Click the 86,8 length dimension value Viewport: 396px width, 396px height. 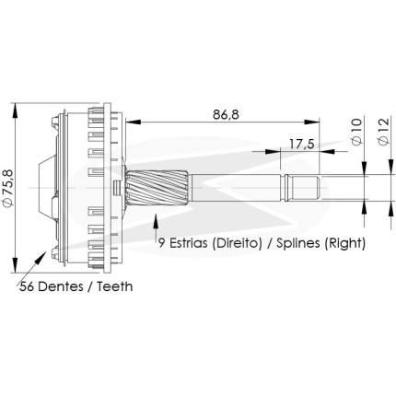(x=226, y=114)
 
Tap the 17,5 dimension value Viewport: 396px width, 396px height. (x=302, y=144)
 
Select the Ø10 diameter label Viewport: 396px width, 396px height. (x=356, y=132)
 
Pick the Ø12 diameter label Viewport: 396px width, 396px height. (x=384, y=132)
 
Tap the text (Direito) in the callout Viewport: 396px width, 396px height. (x=236, y=243)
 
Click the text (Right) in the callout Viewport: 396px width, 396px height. (x=345, y=243)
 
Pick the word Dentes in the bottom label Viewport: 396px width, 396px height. (x=61, y=286)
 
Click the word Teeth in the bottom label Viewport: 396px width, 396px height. (x=115, y=286)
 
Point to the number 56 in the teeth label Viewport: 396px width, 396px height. (x=28, y=286)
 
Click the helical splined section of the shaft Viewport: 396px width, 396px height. (x=157, y=187)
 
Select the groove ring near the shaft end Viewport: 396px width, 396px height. (x=285, y=188)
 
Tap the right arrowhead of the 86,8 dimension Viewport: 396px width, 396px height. (x=312, y=122)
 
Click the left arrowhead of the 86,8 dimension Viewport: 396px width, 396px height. (x=134, y=122)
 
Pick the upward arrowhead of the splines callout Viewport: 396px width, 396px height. (x=156, y=221)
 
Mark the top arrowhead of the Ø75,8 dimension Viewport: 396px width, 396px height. (x=15, y=110)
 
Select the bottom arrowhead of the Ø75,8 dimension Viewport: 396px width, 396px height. (x=15, y=265)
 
